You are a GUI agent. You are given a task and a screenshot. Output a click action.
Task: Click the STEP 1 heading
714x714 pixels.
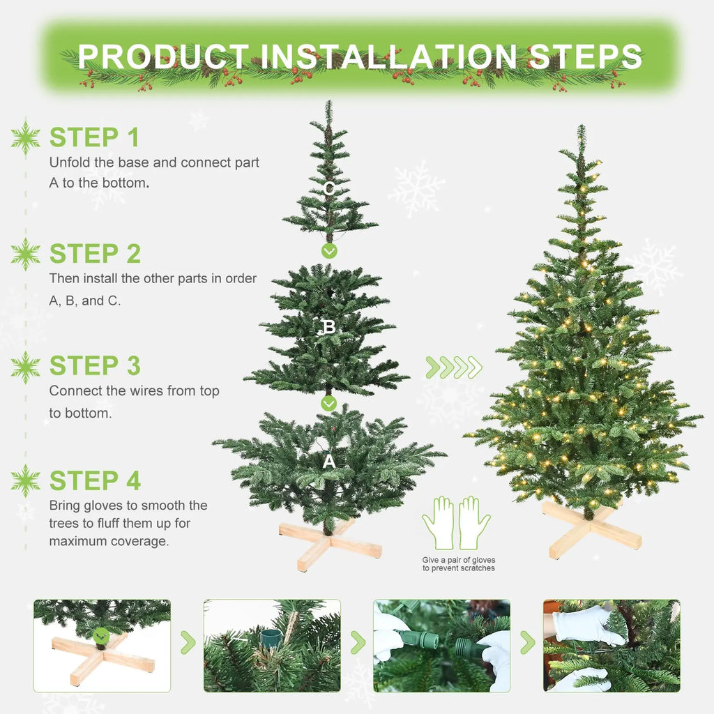point(94,137)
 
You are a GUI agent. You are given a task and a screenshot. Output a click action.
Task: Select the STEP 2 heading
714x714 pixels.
point(95,253)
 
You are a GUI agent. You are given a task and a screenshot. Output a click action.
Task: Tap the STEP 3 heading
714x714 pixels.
point(95,366)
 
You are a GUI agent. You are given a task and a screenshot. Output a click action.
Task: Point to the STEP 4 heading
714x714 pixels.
point(95,480)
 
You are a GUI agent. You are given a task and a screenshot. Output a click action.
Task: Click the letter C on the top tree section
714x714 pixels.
point(329,188)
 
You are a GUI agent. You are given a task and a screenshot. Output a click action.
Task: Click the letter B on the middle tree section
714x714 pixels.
point(329,327)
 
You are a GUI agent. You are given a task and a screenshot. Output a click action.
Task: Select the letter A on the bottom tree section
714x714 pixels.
point(329,461)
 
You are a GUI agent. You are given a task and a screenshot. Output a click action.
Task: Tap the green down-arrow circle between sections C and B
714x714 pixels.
point(329,251)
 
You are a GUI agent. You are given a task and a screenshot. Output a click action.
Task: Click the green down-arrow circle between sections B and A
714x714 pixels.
point(329,403)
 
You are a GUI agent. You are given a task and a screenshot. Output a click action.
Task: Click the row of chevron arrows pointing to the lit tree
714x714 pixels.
point(454,367)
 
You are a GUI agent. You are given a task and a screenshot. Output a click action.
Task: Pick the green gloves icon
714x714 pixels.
point(457,522)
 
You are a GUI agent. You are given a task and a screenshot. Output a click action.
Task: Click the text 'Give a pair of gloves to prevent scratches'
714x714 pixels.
point(459,564)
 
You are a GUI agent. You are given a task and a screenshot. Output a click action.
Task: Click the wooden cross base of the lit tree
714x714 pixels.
point(591,529)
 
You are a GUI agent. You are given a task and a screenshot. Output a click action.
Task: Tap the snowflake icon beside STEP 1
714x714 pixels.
point(26,138)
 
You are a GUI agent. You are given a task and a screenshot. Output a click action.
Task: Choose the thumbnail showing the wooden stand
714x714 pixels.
point(102,646)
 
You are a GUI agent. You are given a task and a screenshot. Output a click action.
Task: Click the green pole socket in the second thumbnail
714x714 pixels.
point(271,637)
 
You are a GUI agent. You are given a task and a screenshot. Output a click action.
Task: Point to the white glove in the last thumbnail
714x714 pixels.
point(587,625)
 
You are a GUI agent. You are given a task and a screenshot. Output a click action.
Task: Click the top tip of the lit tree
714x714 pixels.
point(581,130)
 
